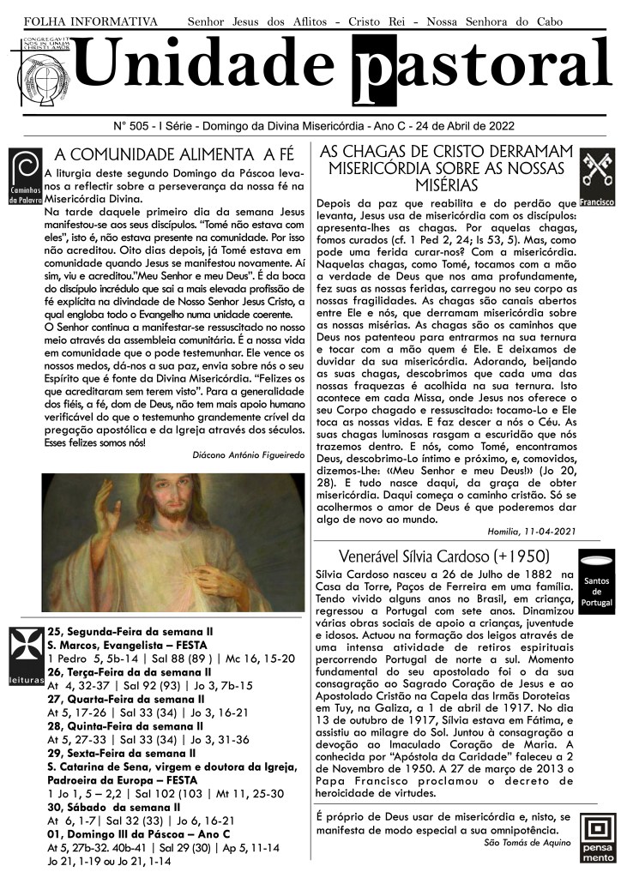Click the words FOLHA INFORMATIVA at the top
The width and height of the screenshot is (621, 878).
[x=91, y=20]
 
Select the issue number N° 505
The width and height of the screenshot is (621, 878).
[x=132, y=125]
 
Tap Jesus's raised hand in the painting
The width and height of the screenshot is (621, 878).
[x=111, y=515]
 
